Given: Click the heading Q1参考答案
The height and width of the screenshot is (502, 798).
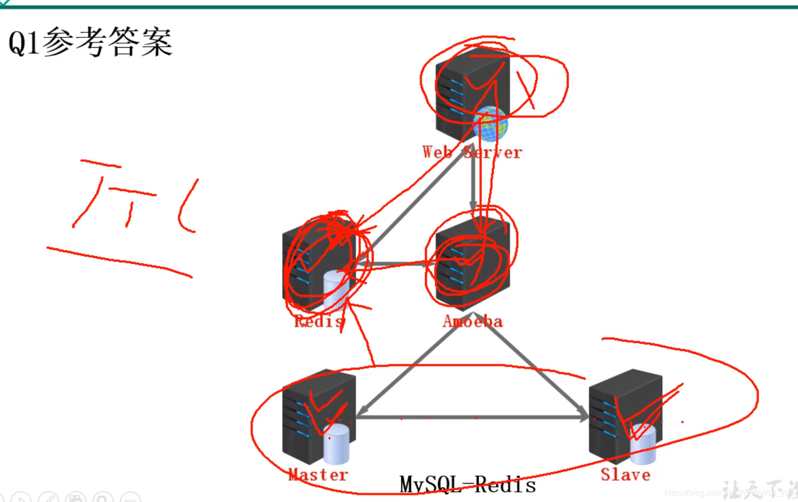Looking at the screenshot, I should [91, 42].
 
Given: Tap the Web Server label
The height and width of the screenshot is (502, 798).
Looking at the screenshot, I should [472, 152].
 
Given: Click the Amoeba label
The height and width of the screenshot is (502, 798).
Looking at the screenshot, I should [472, 321].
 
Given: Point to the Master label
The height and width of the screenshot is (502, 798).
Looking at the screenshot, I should [318, 474].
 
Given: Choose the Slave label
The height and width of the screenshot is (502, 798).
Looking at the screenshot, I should [626, 474].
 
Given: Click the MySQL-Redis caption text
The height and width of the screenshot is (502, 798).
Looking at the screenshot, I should [467, 484].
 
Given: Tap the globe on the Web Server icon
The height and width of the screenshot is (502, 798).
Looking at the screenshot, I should [490, 123].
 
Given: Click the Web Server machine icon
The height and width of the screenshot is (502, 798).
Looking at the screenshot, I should [466, 90].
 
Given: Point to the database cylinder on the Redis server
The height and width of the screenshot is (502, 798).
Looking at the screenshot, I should [336, 289].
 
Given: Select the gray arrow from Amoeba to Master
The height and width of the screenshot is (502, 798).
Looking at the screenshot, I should [409, 369].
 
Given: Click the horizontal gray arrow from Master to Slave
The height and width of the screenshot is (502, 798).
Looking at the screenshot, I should [471, 417].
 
